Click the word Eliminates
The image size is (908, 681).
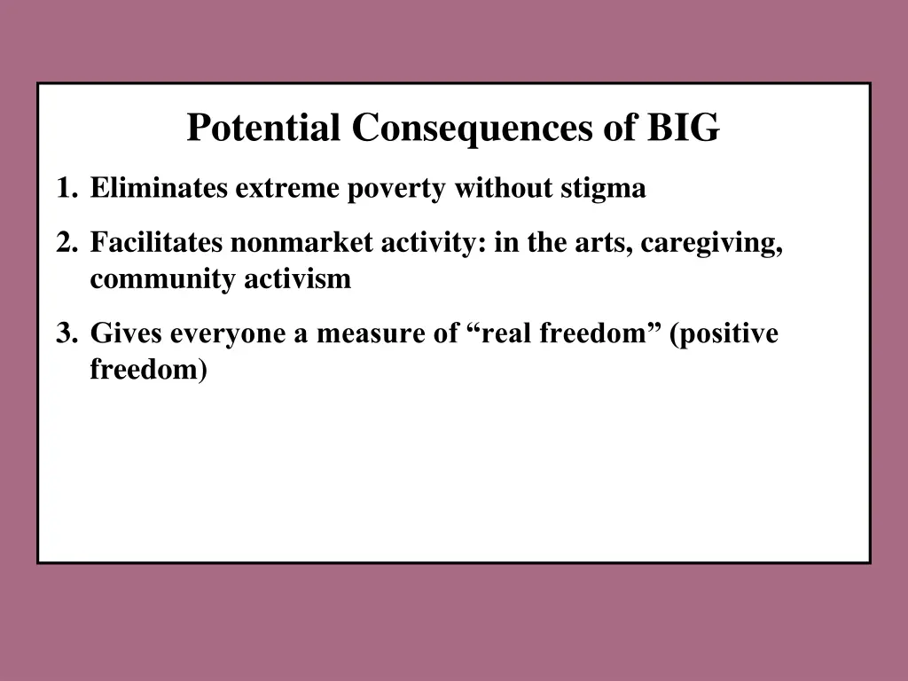(x=160, y=188)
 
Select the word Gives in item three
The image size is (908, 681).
(x=126, y=333)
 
